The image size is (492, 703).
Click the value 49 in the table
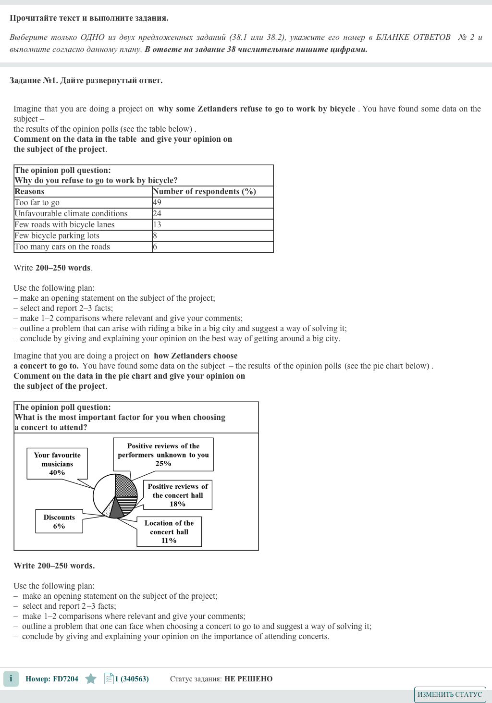157,202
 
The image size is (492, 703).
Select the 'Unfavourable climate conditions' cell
71,213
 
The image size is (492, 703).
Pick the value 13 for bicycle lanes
157,224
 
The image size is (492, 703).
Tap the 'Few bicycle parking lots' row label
57,235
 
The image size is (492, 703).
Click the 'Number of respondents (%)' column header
204,191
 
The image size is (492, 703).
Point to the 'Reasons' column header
30,191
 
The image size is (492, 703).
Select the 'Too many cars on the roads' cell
62,247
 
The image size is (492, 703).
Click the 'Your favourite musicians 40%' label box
57,464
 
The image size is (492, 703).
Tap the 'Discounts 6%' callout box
59,522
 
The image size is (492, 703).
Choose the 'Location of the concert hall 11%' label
169,532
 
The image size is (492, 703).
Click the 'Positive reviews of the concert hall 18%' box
178,495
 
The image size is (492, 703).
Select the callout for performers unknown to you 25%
163,455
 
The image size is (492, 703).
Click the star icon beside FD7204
91,679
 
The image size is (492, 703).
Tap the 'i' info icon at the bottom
11,679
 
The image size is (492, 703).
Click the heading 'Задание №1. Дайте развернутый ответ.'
86,81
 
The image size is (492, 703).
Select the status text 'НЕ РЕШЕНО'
248,679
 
